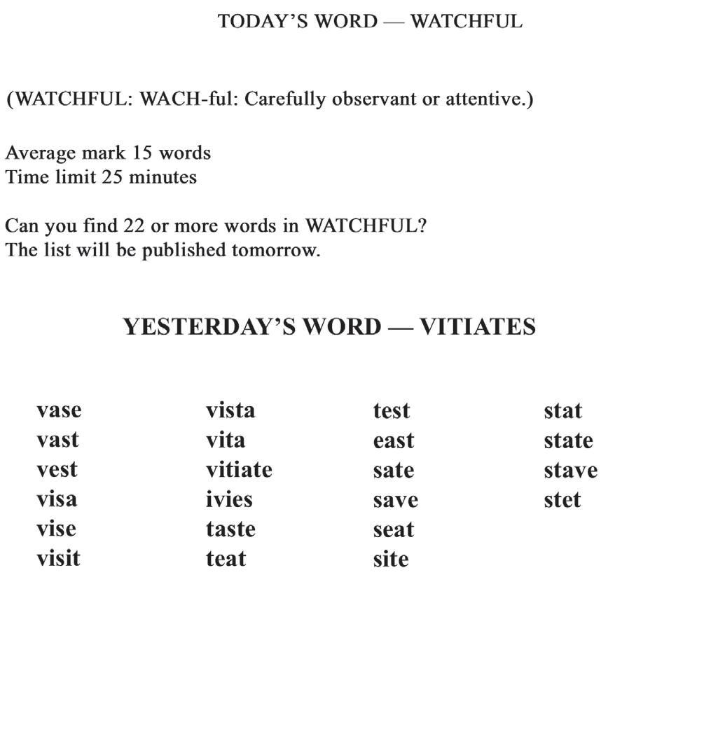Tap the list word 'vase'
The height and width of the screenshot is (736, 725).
point(59,410)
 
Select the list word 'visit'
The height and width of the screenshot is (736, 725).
point(58,558)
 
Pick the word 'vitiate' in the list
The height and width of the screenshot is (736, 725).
point(239,469)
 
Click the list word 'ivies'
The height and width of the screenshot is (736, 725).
point(229,499)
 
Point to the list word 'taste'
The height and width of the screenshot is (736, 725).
point(230,529)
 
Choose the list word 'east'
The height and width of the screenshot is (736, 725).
point(394,440)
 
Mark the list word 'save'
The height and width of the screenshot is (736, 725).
point(395,500)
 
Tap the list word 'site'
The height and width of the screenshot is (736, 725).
point(391,559)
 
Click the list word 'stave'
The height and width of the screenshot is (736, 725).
point(570,470)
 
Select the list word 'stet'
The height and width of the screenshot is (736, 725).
point(562,500)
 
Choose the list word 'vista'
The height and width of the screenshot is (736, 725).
point(230,410)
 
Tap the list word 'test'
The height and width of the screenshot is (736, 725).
point(391,410)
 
